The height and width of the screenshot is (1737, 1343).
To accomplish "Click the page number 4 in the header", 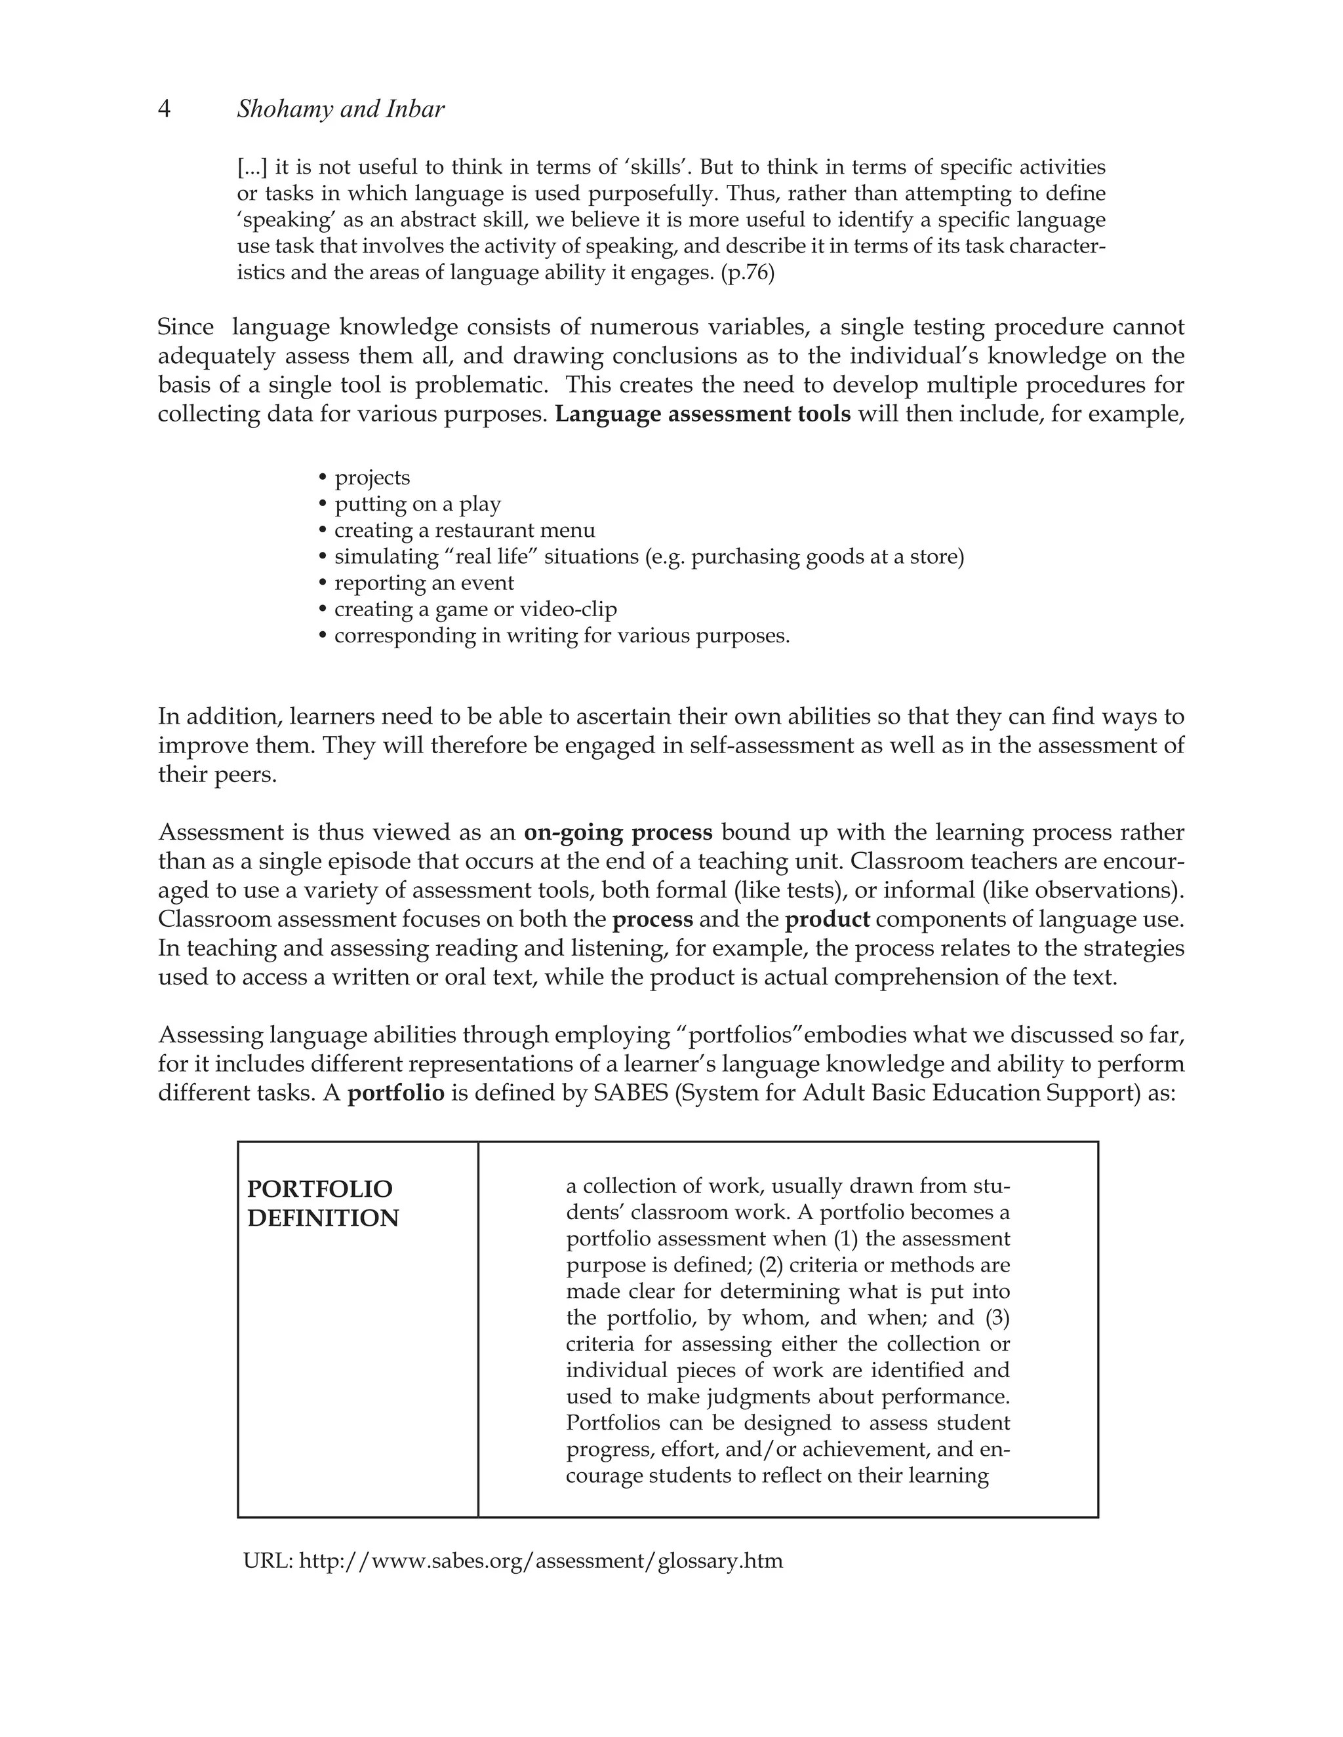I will [165, 109].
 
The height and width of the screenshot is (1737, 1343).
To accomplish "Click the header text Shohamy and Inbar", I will [340, 109].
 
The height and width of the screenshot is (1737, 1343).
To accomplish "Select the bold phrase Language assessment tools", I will [702, 414].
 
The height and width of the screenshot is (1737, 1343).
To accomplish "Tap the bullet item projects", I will [372, 478].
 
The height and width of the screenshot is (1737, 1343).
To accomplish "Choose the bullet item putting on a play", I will [418, 504].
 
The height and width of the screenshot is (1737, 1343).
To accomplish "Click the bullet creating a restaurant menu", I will [465, 530].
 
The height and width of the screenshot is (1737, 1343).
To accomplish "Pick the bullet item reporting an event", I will [424, 583].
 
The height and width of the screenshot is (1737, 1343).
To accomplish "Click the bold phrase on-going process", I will [618, 832].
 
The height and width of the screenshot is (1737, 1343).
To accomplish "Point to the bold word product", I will [828, 920].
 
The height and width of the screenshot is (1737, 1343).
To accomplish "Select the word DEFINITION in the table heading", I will [323, 1219].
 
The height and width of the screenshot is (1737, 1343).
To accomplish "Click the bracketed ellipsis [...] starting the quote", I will [252, 168].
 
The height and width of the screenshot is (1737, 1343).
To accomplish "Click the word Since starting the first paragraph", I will [186, 328].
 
